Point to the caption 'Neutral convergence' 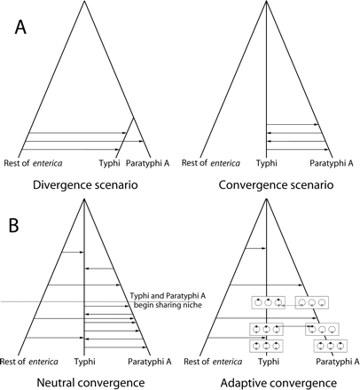click(81, 382)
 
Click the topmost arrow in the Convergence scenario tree click(293, 124)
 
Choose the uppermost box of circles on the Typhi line click(268, 301)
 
